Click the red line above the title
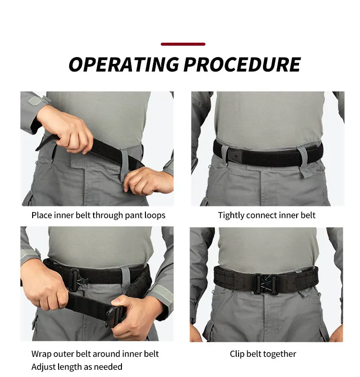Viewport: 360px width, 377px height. coord(183,44)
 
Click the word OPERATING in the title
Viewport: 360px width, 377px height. coord(124,64)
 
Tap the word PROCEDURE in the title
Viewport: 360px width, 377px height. coord(242,64)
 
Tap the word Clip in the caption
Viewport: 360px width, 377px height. coord(237,354)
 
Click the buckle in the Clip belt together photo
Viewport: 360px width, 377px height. coord(266,283)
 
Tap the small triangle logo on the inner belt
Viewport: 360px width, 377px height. coord(236,156)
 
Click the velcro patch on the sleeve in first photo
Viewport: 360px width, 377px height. coord(36,100)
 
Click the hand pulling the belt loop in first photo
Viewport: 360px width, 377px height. coord(148,180)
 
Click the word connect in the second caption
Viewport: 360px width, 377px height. coord(262,216)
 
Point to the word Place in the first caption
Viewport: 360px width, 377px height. coord(42,216)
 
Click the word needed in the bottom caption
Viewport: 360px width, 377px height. coord(108,367)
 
